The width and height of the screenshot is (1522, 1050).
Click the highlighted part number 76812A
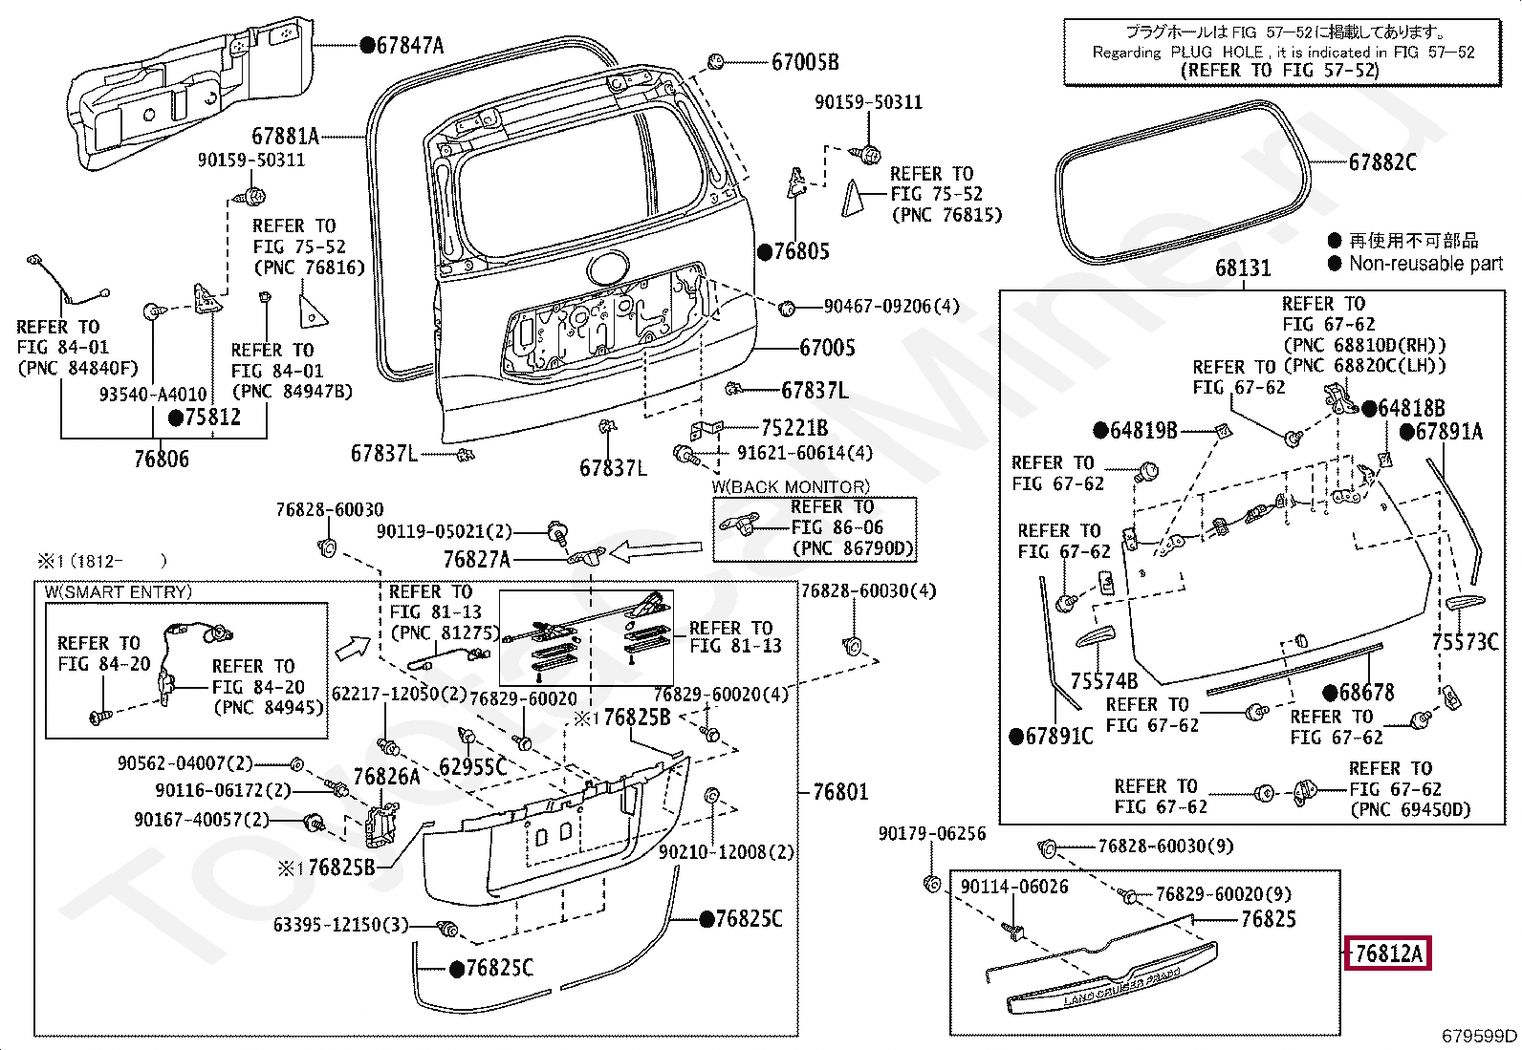(x=1388, y=954)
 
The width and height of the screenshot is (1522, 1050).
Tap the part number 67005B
(x=805, y=62)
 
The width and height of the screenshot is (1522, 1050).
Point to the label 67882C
(x=1382, y=162)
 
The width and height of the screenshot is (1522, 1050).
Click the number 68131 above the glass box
(x=1243, y=268)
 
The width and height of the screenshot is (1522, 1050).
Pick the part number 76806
(x=162, y=460)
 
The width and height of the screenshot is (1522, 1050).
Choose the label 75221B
(x=794, y=428)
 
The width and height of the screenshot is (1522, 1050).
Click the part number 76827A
(x=476, y=559)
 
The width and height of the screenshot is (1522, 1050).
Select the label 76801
(x=840, y=792)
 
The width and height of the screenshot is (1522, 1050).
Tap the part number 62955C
(x=473, y=767)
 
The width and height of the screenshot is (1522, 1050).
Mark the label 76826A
(x=386, y=777)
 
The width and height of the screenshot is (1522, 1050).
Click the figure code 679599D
(x=1479, y=1035)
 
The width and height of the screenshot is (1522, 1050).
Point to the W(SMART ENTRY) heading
(x=119, y=591)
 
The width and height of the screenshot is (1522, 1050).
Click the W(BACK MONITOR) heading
(x=791, y=487)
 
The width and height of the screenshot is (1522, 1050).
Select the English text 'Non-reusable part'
(x=1425, y=264)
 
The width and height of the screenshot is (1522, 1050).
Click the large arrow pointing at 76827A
(x=656, y=551)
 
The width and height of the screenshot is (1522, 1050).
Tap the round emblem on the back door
(x=607, y=268)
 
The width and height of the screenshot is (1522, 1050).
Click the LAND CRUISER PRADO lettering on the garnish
(x=1121, y=988)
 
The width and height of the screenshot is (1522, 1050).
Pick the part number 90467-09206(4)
(x=891, y=307)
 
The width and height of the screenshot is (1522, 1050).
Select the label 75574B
(x=1103, y=680)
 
